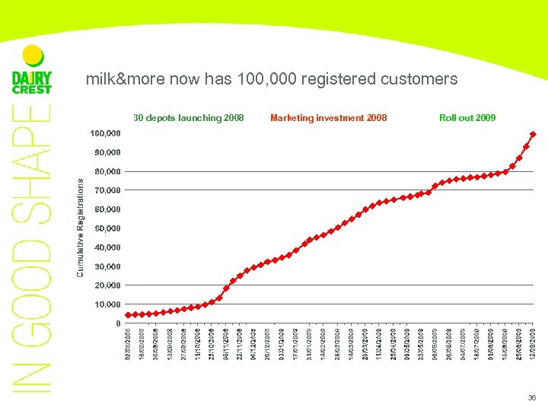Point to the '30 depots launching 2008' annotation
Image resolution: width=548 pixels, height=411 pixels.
(x=189, y=118)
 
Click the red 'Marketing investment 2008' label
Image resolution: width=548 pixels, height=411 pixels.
(x=328, y=118)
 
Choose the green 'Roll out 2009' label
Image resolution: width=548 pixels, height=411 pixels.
(x=467, y=118)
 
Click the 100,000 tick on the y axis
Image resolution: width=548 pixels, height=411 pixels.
(x=106, y=133)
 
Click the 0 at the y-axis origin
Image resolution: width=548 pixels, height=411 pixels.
(x=117, y=323)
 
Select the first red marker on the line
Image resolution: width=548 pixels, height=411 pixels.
(x=129, y=315)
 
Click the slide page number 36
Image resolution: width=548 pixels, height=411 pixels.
(x=530, y=398)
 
